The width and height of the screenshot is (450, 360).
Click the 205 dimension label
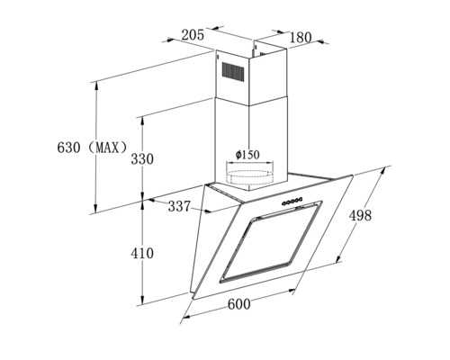point(193,35)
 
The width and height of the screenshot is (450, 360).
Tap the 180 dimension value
point(301,37)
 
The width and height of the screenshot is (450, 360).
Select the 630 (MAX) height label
point(93,148)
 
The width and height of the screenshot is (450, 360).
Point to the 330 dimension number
point(142,159)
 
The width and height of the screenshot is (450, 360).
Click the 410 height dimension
point(142,254)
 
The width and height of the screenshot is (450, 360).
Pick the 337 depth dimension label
point(179,206)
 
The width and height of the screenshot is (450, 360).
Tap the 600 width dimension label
point(239,304)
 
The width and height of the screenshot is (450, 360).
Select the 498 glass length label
point(360,215)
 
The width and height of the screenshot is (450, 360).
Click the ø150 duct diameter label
point(247,155)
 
